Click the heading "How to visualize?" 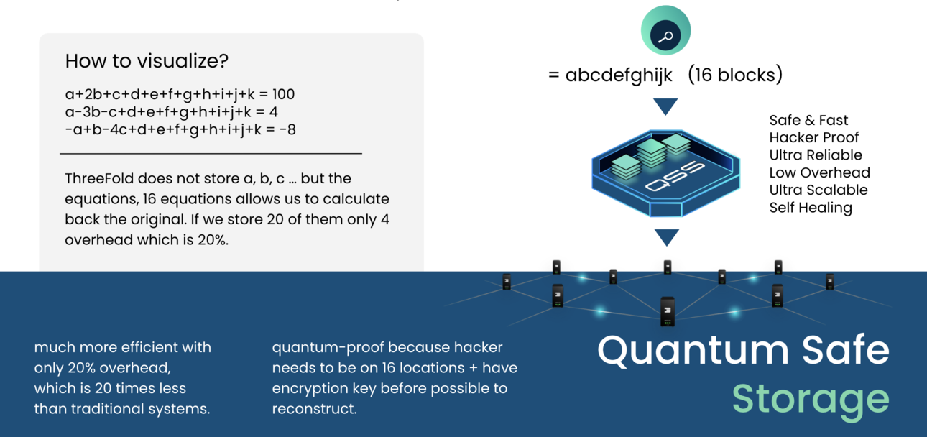(x=147, y=61)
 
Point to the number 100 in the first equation (x=283, y=94)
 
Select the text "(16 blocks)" (x=734, y=75)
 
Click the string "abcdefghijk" (x=619, y=75)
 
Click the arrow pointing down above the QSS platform (x=666, y=106)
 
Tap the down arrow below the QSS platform (x=667, y=237)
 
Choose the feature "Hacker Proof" (x=813, y=137)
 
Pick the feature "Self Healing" (x=810, y=208)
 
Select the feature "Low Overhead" (x=819, y=172)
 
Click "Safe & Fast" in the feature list (x=808, y=120)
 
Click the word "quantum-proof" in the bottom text (x=320, y=348)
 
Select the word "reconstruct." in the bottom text (x=314, y=409)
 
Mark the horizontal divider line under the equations (x=211, y=153)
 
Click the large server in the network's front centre (x=668, y=310)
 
